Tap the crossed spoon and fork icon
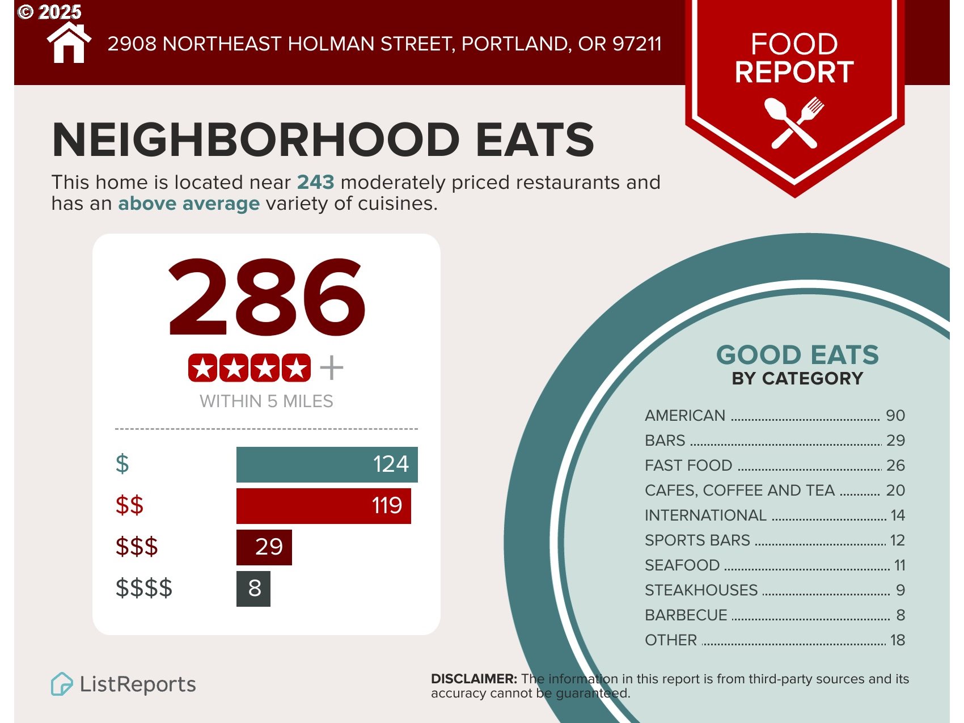point(794,123)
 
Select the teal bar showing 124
point(327,464)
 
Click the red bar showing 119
point(323,506)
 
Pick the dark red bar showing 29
point(264,547)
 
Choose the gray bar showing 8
point(253,589)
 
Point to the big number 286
point(267,298)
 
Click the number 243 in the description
point(315,182)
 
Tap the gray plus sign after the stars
point(332,368)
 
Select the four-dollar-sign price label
point(144,588)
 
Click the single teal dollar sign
point(122,464)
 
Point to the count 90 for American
point(895,416)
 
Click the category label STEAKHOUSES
point(701,590)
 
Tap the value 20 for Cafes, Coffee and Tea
point(895,491)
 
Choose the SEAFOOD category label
point(682,565)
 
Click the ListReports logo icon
point(62,684)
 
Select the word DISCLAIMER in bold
point(473,679)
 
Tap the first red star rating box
point(202,369)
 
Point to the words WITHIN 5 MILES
point(267,401)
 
